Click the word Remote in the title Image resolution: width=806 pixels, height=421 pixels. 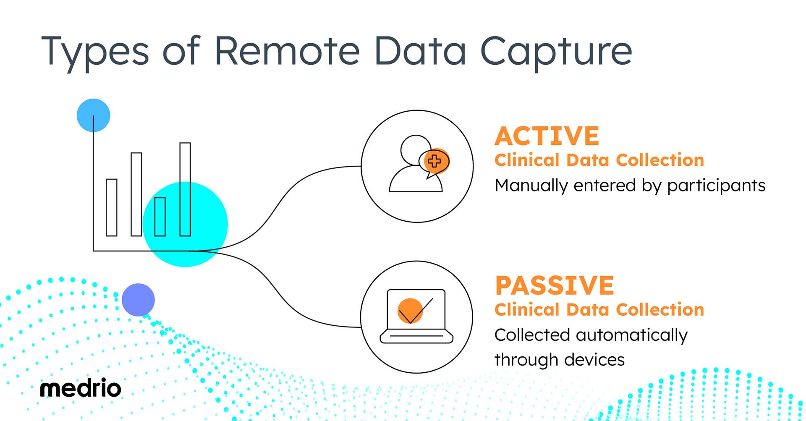pyautogui.click(x=287, y=51)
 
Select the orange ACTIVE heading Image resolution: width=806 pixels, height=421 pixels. pyautogui.click(x=547, y=136)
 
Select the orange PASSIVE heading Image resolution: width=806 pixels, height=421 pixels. pyautogui.click(x=554, y=285)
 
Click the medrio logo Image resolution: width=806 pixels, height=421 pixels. pyautogui.click(x=80, y=389)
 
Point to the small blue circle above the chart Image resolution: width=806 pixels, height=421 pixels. pyautogui.click(x=93, y=115)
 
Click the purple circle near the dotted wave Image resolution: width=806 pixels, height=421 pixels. pyautogui.click(x=138, y=300)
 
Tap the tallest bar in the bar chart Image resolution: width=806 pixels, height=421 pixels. pyautogui.click(x=185, y=189)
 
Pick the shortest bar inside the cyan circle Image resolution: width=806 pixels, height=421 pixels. pyautogui.click(x=160, y=217)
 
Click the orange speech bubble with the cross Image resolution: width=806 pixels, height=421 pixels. pyautogui.click(x=435, y=161)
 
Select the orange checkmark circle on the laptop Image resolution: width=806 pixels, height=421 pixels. pyautogui.click(x=410, y=311)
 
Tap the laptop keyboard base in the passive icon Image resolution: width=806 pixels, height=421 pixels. pyautogui.click(x=416, y=337)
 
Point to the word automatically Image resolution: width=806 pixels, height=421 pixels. pyautogui.click(x=632, y=335)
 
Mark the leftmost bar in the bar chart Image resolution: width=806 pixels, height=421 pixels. pyautogui.click(x=112, y=207)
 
